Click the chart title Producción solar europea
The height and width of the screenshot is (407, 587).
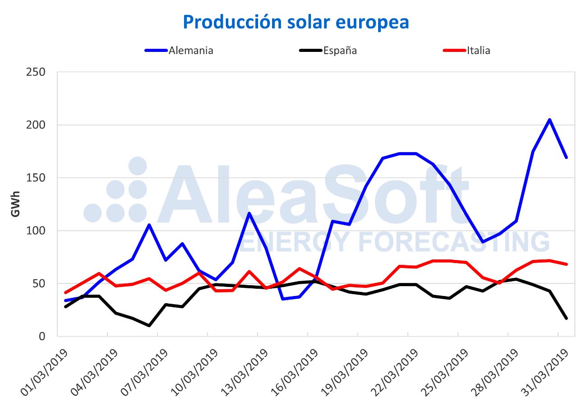(296, 22)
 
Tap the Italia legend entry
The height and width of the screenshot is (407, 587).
(478, 51)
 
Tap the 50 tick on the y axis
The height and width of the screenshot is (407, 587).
(40, 283)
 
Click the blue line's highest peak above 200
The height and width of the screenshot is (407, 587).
(550, 120)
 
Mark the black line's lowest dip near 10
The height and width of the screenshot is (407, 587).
(149, 325)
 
